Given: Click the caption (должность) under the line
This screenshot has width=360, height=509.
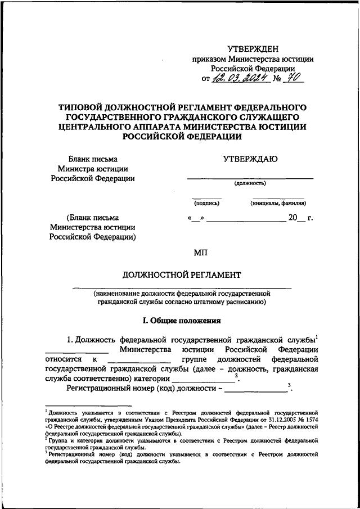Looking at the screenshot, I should (x=250, y=183).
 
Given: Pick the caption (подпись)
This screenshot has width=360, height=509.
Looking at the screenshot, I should (x=206, y=203).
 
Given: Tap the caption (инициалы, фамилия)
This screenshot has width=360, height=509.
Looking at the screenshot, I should (x=278, y=203).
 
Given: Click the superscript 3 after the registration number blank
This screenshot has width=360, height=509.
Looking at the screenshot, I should (x=288, y=385).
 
